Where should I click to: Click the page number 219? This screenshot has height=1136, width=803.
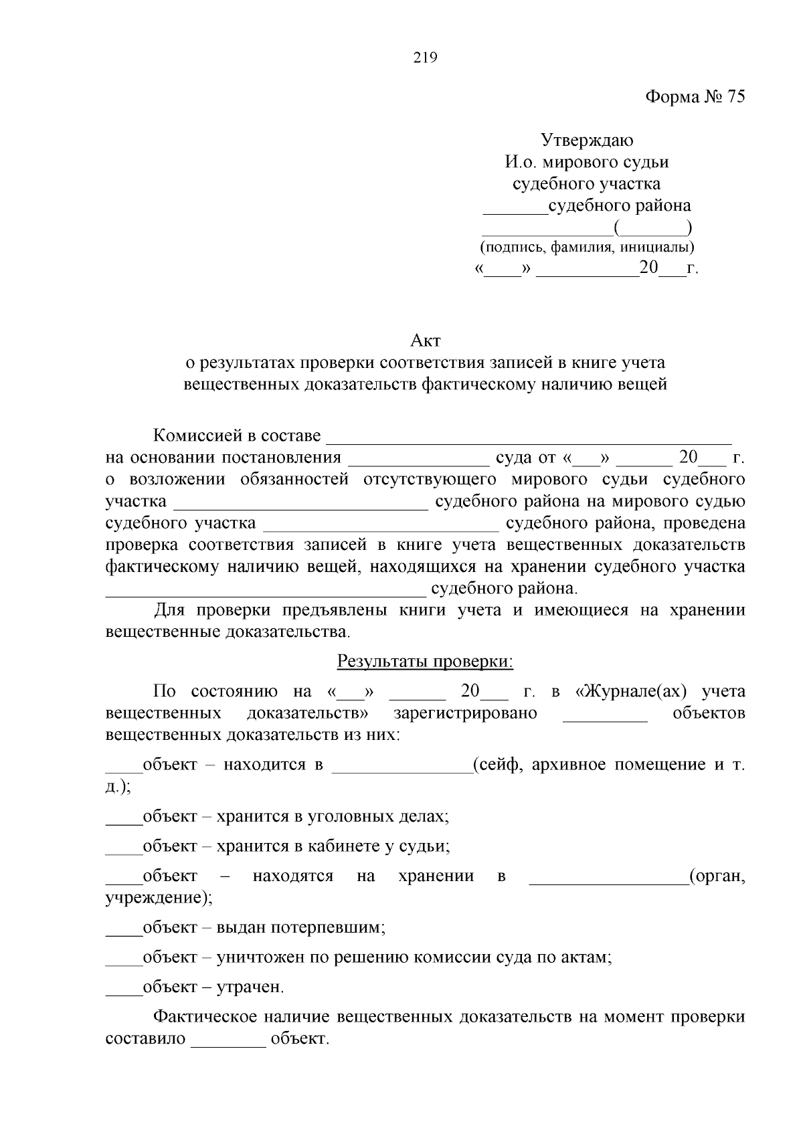425,58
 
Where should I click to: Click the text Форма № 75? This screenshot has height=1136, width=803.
695,97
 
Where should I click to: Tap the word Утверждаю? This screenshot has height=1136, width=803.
587,140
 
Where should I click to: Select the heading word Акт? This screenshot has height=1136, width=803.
426,341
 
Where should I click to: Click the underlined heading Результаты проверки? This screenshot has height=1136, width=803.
425,662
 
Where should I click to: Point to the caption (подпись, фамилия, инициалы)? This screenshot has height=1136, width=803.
587,247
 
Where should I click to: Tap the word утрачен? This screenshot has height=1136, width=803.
250,987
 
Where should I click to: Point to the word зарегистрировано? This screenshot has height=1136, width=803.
465,713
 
